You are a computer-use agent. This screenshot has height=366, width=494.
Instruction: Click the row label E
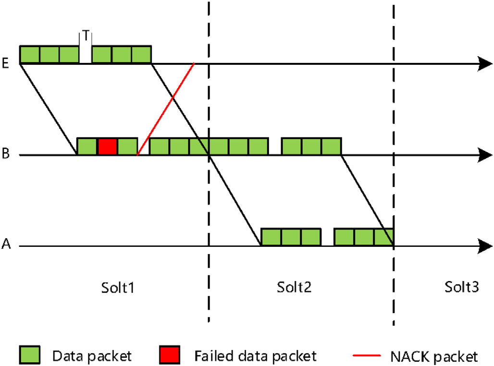pyautogui.click(x=5, y=64)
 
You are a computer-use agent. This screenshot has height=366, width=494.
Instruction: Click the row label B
pyautogui.click(x=5, y=155)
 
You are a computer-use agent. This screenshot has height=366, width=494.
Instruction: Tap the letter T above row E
pyautogui.click(x=86, y=36)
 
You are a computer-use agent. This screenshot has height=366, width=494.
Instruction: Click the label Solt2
pyautogui.click(x=295, y=288)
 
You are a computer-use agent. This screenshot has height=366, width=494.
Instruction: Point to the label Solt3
pyautogui.click(x=461, y=288)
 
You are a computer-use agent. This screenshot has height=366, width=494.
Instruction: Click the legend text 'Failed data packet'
pyautogui.click(x=256, y=356)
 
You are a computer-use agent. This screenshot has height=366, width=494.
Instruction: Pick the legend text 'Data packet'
pyautogui.click(x=92, y=356)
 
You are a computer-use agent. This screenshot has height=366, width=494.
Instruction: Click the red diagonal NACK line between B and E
pyautogui.click(x=165, y=109)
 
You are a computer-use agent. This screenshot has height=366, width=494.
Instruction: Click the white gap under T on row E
pyautogui.click(x=85, y=54)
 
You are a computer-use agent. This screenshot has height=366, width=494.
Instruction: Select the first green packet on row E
pyautogui.click(x=29, y=54)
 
